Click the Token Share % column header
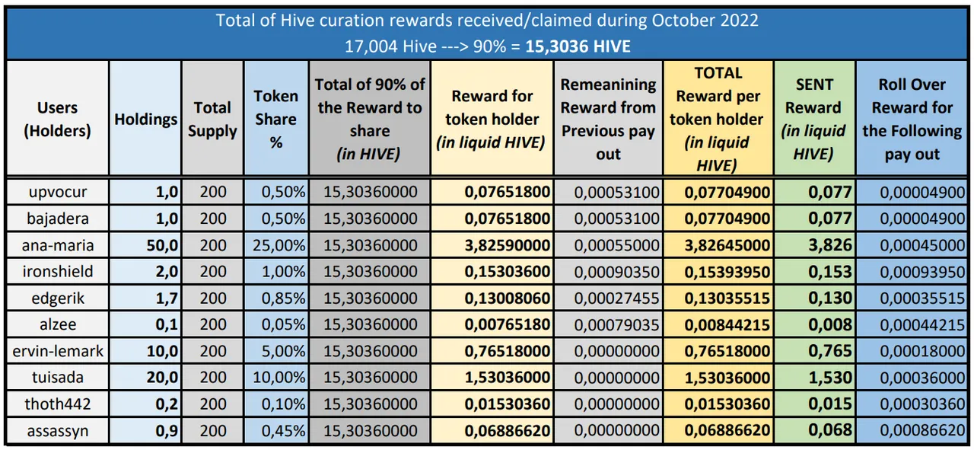[x=275, y=119]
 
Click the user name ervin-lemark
[x=58, y=351]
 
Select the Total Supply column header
[x=212, y=119]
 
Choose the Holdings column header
[x=145, y=119]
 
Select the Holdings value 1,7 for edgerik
[x=167, y=298]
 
